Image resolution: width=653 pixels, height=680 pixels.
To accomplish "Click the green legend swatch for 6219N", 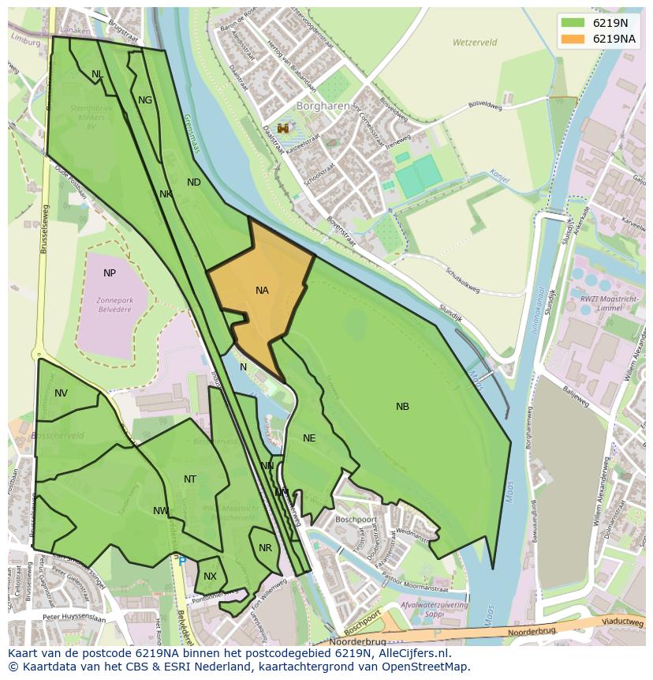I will point(573,23).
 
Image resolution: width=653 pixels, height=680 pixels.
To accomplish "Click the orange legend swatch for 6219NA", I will point(573,39).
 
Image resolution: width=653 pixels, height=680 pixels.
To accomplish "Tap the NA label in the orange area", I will point(262,291).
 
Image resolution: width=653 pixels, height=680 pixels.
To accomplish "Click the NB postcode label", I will point(402,407).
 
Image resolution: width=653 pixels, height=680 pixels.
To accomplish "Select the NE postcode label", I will point(309,438).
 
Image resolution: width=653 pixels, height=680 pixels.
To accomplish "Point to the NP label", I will point(110,273).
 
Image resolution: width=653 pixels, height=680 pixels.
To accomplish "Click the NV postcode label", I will point(61,393).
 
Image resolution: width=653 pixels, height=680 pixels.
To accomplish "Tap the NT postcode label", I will point(190,479).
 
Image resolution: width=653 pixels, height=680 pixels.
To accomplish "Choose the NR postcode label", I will point(265,548).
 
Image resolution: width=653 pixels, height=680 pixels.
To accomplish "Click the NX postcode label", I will point(210,577).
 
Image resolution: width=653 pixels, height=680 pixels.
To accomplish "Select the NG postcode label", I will point(145,100).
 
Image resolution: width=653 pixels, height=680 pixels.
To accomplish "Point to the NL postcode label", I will point(97,74).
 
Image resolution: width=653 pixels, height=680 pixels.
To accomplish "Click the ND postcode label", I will point(193,182).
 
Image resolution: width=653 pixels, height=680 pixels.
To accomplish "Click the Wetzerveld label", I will point(472,43).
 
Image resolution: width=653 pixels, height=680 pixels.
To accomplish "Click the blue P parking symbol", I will point(182,562).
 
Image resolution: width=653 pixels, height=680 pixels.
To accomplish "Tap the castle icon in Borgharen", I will point(282,128).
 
